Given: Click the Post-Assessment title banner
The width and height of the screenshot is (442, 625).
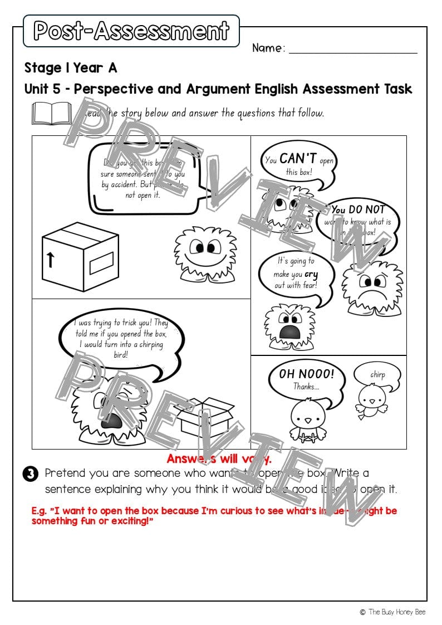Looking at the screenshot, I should coord(131,31).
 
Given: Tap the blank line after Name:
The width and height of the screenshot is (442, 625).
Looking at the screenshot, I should coord(353,51).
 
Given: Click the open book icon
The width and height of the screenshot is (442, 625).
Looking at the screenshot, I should coord(52,113).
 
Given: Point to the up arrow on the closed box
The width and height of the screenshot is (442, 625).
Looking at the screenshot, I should coord(51,260).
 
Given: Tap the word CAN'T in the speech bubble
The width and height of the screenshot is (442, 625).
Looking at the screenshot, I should coord(299,159).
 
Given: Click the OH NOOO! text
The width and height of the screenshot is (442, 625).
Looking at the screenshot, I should coord(307,374).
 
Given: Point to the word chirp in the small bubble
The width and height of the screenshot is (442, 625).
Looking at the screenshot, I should coord(377,375).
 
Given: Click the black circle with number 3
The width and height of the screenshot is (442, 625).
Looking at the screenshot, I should coord(30,474).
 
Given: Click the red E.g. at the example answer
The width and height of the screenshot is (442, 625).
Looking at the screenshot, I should coord(41,511).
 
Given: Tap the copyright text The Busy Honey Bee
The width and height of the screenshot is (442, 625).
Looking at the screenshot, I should coord(398,612).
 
